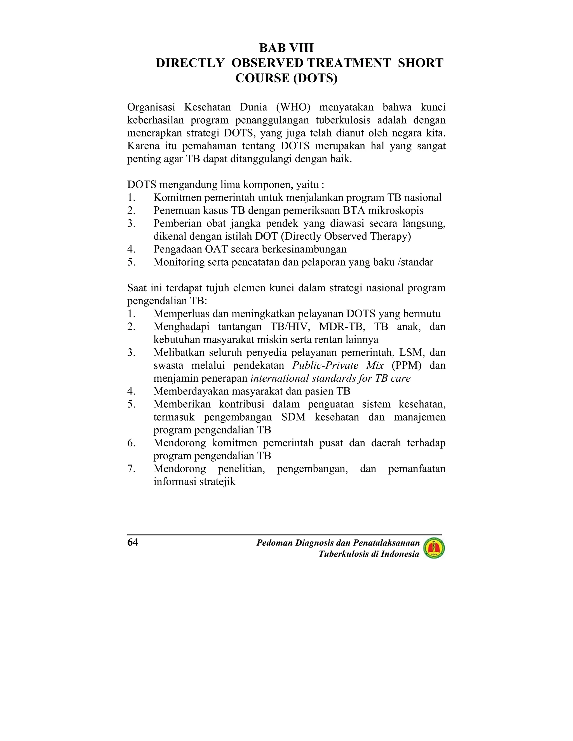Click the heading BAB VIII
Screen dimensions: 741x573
tap(286, 48)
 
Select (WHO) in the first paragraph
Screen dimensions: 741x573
tap(293, 107)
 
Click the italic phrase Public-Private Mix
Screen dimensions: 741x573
tap(338, 365)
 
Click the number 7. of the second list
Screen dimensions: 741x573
tap(131, 469)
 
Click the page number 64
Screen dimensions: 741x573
tap(133, 542)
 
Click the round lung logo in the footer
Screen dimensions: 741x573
tap(434, 548)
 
